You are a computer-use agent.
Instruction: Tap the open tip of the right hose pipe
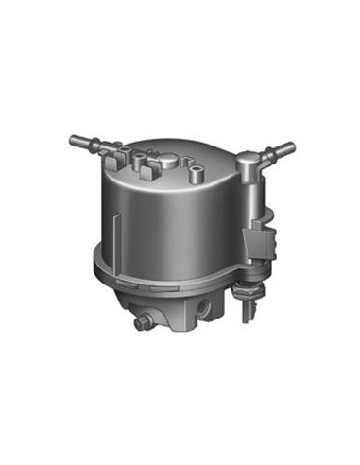pos(291,146)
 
